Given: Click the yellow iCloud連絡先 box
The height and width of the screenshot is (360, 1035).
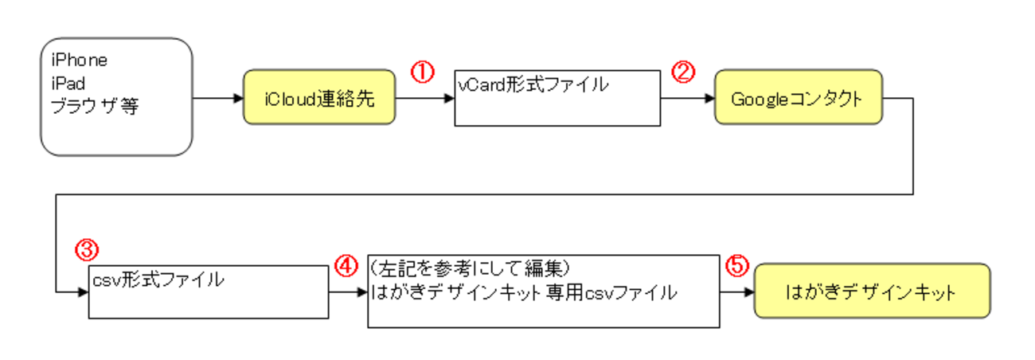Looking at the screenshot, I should (x=319, y=100).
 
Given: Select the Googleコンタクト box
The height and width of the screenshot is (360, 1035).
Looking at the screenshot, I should (x=798, y=99).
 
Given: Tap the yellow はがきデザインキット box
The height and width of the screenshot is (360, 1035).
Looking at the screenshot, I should (x=872, y=292).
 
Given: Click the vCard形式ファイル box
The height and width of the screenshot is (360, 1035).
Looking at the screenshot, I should (x=557, y=98).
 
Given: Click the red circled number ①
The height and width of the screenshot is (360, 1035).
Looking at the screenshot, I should (x=422, y=72).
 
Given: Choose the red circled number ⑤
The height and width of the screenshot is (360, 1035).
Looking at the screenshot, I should (x=737, y=265).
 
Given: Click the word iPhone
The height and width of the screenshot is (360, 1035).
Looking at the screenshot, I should (x=79, y=60).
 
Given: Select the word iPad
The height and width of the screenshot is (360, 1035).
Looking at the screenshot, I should (x=68, y=82).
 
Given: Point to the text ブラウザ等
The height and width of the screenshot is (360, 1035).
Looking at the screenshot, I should (x=95, y=105).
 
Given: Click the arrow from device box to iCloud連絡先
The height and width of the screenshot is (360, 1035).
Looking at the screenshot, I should (x=218, y=100).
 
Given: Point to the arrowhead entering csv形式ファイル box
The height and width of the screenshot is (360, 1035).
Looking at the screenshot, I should (x=83, y=292).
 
